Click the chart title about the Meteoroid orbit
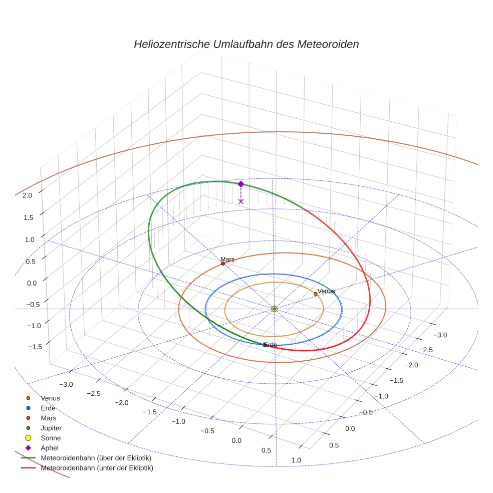(x=246, y=44)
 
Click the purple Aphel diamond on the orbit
(x=240, y=184)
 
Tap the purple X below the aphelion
(x=241, y=201)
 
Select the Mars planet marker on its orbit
(x=222, y=264)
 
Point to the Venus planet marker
(x=315, y=294)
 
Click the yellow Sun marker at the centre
(x=275, y=309)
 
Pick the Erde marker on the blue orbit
(x=265, y=345)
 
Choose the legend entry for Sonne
(x=51, y=438)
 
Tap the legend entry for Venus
(x=51, y=398)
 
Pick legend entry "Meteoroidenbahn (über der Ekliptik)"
(x=96, y=458)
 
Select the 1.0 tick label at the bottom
(x=296, y=460)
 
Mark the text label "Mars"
(x=227, y=259)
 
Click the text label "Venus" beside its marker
(x=326, y=291)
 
